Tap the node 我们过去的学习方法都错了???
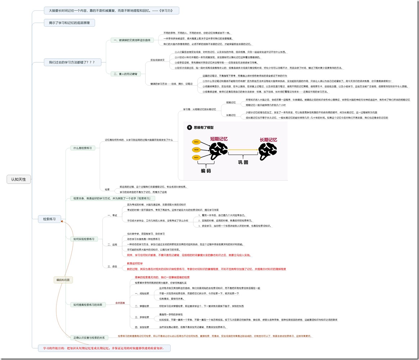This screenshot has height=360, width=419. coord(72,62)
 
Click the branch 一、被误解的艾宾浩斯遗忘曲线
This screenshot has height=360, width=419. coord(132,40)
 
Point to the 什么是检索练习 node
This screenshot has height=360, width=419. coord(82,148)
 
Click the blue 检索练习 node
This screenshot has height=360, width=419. coord(50,219)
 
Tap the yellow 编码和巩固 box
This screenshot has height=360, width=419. coord(63,280)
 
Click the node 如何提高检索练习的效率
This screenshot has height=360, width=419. coord(87,305)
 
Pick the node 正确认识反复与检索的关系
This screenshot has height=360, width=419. coord(89,338)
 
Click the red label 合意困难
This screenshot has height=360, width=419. coord(120,303)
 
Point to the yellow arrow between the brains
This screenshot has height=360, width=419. coord(243,149)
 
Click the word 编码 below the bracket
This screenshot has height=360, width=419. coord(206,171)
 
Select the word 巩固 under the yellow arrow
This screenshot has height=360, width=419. coord(243,162)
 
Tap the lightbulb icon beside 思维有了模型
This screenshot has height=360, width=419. coord(189,127)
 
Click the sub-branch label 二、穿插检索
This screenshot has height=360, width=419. coord(142,306)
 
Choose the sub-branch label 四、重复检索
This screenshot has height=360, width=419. coord(142,327)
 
